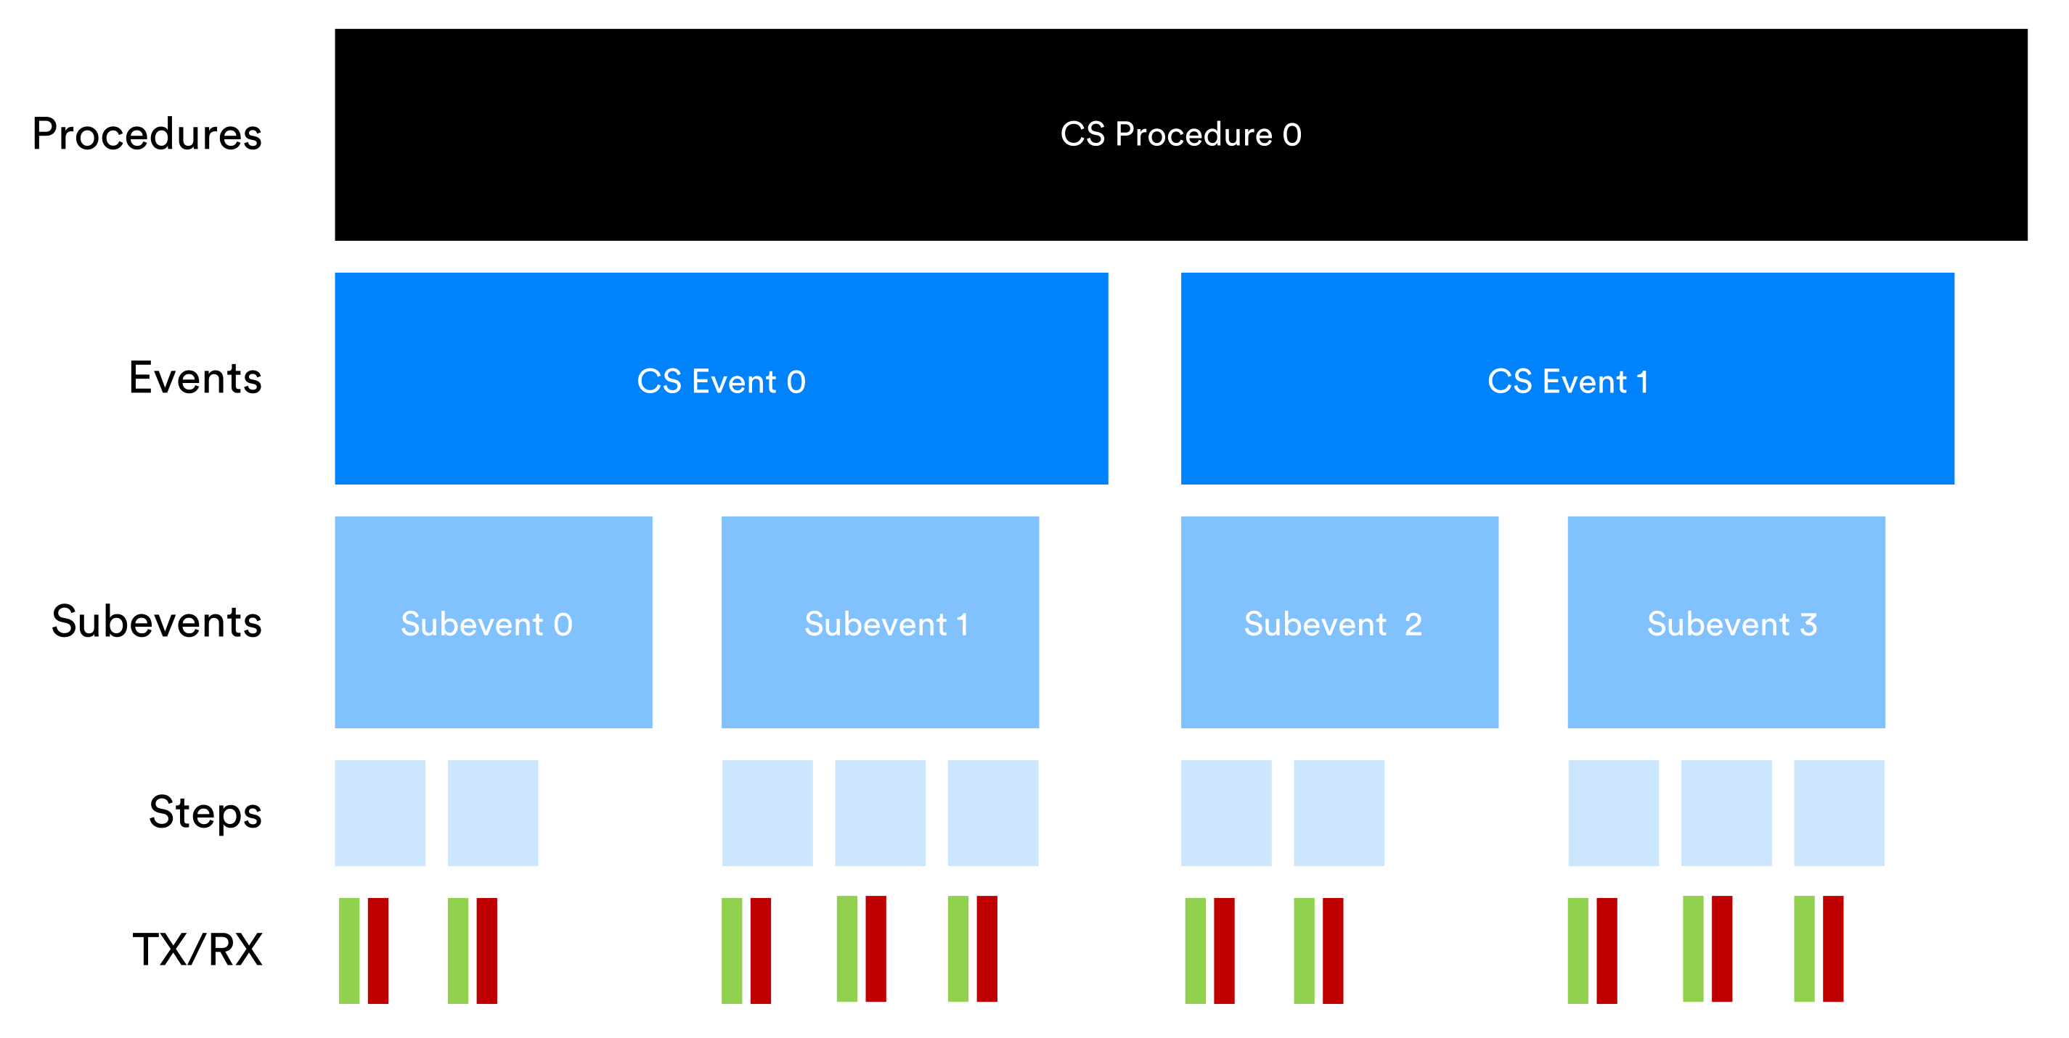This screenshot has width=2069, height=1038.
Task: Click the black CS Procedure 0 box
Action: tap(1180, 135)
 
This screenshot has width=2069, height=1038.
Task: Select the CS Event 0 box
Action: tap(722, 378)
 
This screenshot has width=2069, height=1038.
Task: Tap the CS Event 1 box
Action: tap(1567, 378)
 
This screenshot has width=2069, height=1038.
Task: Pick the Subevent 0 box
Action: tap(493, 622)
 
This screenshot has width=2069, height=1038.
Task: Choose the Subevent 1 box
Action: tap(881, 622)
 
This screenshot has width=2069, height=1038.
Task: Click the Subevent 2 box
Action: tap(1339, 622)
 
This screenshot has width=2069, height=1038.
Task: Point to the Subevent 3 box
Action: tap(1726, 622)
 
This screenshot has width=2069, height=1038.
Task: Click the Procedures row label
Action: tap(147, 134)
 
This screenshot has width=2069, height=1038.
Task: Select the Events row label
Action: tap(195, 377)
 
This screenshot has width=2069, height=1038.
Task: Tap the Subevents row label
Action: tap(157, 622)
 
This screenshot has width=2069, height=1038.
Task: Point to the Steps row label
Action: tap(205, 812)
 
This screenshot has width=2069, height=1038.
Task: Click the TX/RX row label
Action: tap(197, 949)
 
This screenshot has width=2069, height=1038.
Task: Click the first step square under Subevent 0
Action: tap(380, 812)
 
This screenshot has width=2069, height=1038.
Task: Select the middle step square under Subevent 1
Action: tap(881, 812)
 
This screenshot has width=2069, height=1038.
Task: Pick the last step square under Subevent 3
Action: tap(1840, 812)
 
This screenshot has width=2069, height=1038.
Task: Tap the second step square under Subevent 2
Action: tap(1339, 812)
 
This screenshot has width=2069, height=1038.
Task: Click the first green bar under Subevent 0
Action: tap(349, 950)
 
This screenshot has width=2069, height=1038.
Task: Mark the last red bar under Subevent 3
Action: tap(1833, 949)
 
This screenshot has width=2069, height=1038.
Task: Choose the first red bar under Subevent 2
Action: tap(1224, 950)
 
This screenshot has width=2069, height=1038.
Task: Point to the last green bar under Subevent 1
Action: tap(958, 949)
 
